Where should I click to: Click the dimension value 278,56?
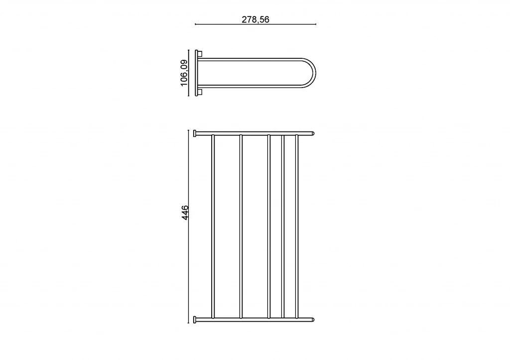255,19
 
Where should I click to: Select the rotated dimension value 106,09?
184,73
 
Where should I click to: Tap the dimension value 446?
185,212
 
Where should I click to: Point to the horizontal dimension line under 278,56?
255,24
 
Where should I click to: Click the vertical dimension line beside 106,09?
188,73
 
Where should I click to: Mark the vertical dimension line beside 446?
188,227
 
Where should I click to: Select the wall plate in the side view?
196,73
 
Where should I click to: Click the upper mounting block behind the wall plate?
200,53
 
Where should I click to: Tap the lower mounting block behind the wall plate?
200,92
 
